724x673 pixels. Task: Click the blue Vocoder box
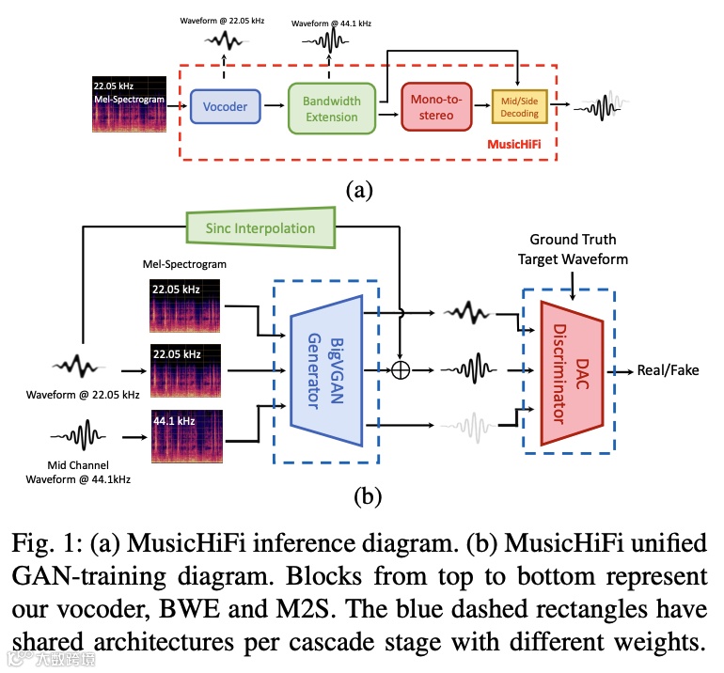pos(226,106)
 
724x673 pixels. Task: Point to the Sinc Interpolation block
pos(260,228)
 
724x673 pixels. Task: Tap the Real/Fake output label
pos(668,370)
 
